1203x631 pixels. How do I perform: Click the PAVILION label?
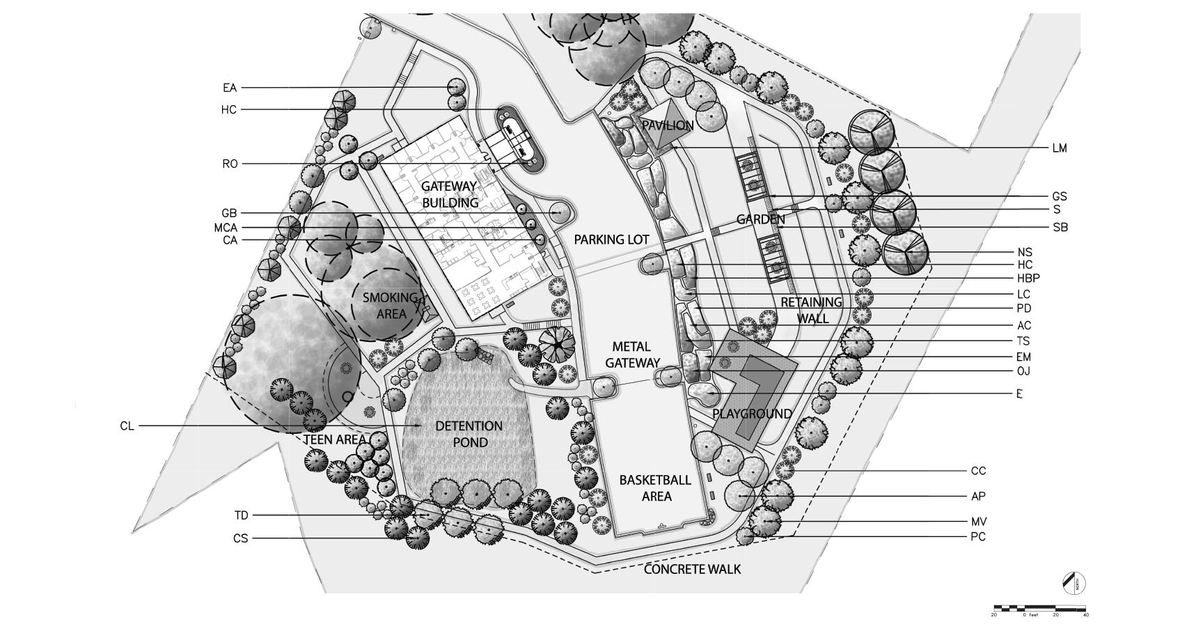(667, 126)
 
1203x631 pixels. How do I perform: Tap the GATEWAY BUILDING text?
(449, 194)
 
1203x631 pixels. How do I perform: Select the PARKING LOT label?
(611, 240)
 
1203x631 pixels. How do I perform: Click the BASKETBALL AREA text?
(655, 488)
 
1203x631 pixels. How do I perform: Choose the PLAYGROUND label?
(752, 414)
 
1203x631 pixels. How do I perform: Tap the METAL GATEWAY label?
(631, 355)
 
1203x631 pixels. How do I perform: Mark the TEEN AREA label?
(334, 440)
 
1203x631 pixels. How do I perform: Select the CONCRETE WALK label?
(692, 569)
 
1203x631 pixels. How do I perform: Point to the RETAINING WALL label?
(811, 311)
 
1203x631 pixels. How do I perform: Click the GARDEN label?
(760, 220)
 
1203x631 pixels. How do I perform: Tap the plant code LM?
(1060, 148)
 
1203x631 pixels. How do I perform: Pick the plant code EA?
(230, 88)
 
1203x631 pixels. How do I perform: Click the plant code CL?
(127, 426)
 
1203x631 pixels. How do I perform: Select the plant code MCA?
(226, 228)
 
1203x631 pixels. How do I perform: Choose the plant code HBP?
(1028, 279)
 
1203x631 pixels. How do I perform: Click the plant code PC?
(978, 537)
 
